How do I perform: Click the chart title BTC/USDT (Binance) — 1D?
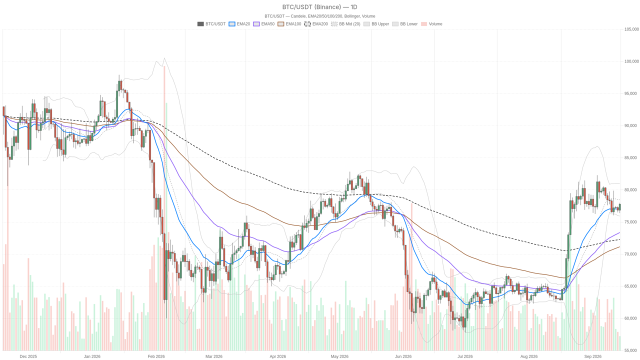coord(319,7)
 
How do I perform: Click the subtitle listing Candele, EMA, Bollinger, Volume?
coord(319,16)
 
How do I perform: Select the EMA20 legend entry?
coord(239,24)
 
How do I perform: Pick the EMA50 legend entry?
coord(263,24)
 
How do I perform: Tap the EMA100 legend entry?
coord(289,24)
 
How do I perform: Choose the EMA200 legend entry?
coord(316,24)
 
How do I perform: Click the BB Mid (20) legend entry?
coord(345,24)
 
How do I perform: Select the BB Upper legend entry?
coord(376,24)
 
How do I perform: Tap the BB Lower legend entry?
coord(405,24)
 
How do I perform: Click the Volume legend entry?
coord(431,24)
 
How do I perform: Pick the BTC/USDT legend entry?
coord(211,24)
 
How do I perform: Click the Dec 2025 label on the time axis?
coord(28,356)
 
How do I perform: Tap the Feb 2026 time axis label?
coord(156,356)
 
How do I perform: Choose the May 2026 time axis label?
coord(339,356)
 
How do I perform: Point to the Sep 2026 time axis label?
coord(592,356)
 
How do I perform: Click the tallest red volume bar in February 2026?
coord(164,208)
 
